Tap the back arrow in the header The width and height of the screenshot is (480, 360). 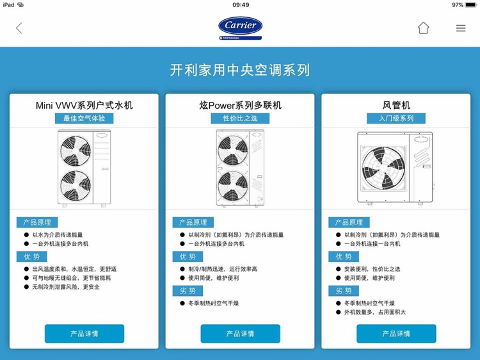pos(19,28)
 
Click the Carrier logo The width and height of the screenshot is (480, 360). pos(240,26)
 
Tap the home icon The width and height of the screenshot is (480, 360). pos(423,28)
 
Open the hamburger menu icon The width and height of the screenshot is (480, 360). pos(461,28)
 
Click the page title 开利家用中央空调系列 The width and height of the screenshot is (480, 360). pos(240,70)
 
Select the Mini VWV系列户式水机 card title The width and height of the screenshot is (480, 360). pos(84,105)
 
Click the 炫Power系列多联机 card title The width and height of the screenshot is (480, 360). pos(240,105)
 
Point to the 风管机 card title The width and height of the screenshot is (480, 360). pos(396,105)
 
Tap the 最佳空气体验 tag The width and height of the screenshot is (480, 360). pos(84,119)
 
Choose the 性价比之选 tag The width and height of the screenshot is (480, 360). pos(240,119)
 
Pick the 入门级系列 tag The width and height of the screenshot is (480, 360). pos(396,119)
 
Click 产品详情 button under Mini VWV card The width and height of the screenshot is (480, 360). pos(84,334)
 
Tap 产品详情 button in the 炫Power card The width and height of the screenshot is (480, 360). pos(240,334)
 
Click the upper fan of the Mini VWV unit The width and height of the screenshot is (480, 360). pos(76,151)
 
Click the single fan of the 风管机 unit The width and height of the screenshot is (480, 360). pos(383,168)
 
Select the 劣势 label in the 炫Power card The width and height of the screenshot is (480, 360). pos(188,291)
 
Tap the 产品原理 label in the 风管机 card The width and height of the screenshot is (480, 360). pos(349,222)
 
